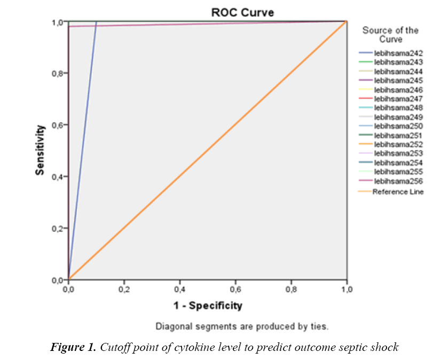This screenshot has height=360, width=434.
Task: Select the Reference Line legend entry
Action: click(398, 192)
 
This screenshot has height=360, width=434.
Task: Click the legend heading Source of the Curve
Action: click(391, 35)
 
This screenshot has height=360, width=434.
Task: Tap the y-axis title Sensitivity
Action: click(39, 151)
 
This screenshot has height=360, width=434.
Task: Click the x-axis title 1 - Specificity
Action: click(207, 306)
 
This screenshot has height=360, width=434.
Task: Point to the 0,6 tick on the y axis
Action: click(58, 125)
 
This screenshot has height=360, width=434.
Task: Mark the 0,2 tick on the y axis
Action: click(58, 228)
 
